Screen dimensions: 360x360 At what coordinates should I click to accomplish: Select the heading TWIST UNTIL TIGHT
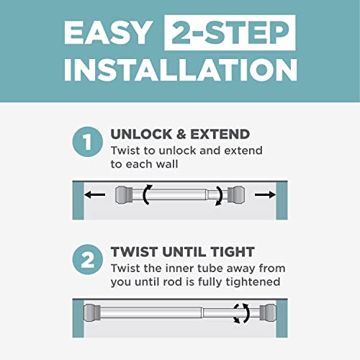click(x=181, y=252)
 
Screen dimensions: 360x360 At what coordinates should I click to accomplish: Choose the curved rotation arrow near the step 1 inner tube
click(x=217, y=196)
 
